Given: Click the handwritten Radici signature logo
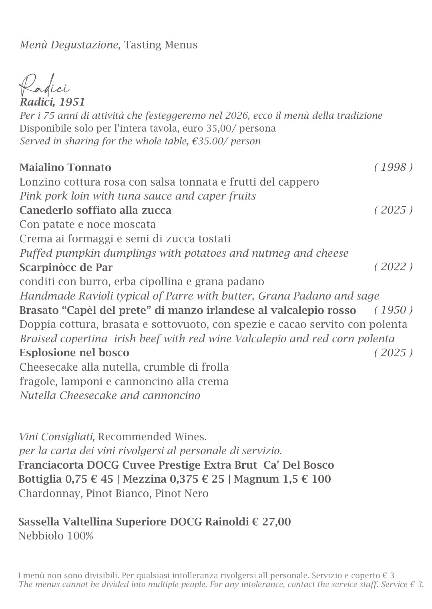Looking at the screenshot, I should tap(44, 85).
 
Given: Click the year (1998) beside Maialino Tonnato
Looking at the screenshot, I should tap(393, 167).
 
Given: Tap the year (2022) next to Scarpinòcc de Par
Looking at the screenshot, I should tap(393, 267).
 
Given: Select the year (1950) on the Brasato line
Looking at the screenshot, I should tap(393, 310).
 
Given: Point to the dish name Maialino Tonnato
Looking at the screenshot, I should tap(65, 168).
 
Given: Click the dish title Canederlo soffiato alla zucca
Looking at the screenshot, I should tap(95, 210).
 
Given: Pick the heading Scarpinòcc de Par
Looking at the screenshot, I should tap(66, 267).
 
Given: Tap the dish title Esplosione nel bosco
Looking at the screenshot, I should tap(74, 353).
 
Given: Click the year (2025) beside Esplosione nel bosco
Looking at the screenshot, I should tap(393, 353).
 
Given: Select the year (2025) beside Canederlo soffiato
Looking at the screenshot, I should tap(393, 210).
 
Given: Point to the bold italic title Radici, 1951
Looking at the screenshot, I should tap(52, 102).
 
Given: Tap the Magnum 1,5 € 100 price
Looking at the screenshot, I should tap(282, 479).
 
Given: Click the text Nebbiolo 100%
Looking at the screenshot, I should tap(56, 536).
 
